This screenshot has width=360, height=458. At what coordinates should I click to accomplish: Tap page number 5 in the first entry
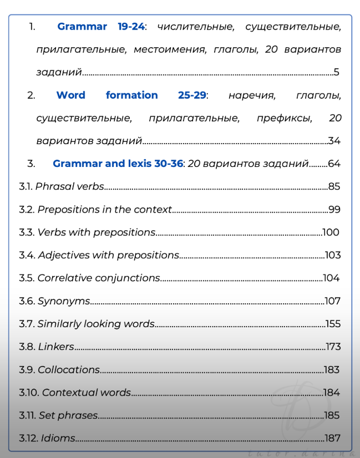336,72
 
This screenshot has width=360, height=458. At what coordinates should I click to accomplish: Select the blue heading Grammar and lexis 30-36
118,164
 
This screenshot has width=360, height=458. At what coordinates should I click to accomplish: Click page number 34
334,141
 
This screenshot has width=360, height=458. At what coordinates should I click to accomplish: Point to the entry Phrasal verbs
69,186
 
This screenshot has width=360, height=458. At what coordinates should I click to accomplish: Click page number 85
334,186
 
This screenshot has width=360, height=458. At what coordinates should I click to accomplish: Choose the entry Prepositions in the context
104,209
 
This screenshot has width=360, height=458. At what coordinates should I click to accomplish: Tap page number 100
331,232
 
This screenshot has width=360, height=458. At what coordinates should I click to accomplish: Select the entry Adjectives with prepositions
108,255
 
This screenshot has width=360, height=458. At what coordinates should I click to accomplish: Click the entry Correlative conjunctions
99,278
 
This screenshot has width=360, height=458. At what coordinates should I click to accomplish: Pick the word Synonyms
64,301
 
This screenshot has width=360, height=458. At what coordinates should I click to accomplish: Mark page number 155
333,324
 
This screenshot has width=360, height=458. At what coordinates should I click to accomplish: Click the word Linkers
56,347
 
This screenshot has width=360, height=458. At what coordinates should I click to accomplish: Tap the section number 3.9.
27,370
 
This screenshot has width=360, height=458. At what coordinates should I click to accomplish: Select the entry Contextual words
87,393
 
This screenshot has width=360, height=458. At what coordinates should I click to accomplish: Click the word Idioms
58,438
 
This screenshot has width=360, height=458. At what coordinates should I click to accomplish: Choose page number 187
333,438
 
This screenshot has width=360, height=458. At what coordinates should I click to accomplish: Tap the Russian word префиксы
283,118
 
